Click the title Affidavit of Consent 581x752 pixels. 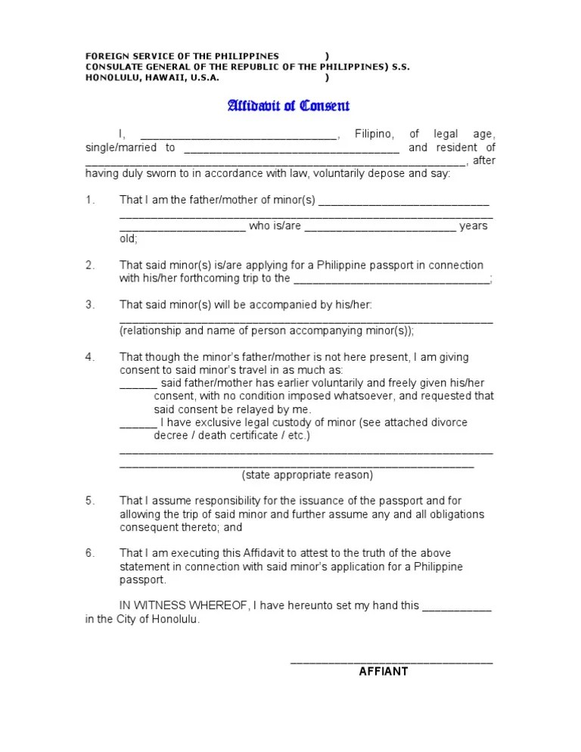click(x=289, y=106)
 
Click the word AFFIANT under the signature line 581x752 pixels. click(x=383, y=671)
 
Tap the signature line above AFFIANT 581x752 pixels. click(x=391, y=662)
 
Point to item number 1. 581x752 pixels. click(x=89, y=200)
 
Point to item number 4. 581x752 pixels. click(x=89, y=356)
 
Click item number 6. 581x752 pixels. click(x=89, y=553)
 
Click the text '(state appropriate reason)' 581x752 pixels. click(x=307, y=475)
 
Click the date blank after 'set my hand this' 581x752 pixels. click(x=456, y=608)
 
